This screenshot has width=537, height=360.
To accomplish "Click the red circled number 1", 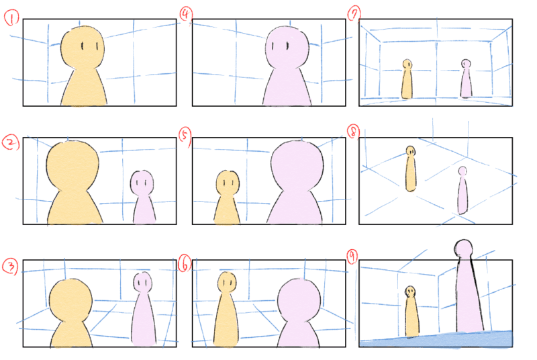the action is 11,18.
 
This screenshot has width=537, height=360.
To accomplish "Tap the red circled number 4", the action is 186,15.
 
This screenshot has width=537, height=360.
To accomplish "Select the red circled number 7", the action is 354,15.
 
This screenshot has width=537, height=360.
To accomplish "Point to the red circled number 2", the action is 11,142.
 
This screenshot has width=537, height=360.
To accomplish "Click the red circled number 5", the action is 185,136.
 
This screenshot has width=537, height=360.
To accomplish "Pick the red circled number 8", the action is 353,132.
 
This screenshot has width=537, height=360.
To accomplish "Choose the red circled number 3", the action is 10,266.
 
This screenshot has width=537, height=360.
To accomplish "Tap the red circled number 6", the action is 185,264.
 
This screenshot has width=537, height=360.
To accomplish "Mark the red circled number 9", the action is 352,257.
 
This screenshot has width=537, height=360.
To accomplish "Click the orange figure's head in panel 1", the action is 83,48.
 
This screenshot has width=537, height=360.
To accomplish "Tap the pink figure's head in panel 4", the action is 287,48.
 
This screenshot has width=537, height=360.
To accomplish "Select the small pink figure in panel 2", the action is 143,197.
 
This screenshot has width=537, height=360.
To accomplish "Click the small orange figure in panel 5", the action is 227,197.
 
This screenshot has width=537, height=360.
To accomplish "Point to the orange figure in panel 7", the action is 407,79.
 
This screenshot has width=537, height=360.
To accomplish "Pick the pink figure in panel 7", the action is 466,79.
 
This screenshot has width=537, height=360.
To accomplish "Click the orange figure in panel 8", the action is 411,169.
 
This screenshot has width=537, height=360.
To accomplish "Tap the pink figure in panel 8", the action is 462,191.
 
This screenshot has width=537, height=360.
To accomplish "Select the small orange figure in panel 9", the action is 411,312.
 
